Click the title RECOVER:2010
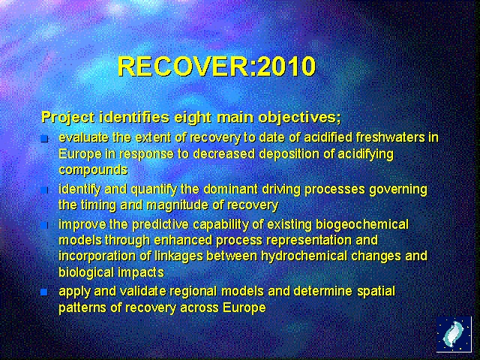pyautogui.click(x=216, y=67)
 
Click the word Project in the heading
pyautogui.click(x=67, y=118)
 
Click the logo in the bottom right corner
pyautogui.click(x=454, y=334)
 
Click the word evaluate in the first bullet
pyautogui.click(x=85, y=137)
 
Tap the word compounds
pyautogui.click(x=92, y=169)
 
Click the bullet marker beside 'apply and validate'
pyautogui.click(x=44, y=291)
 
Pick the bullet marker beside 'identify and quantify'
pyautogui.click(x=44, y=189)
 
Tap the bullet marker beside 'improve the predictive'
pyautogui.click(x=44, y=225)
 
